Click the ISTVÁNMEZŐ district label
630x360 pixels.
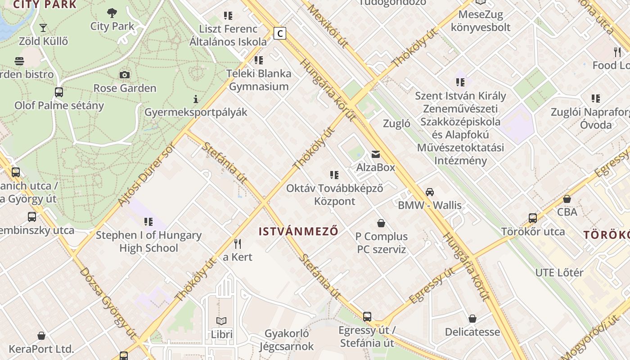(x=298, y=232)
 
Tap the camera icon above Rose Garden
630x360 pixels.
(x=125, y=75)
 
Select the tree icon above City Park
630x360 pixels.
(x=112, y=13)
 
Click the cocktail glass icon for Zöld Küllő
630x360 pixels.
(x=43, y=28)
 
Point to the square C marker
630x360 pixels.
(x=280, y=33)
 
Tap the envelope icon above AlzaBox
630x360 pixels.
(x=375, y=155)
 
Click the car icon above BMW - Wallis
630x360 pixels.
(x=430, y=192)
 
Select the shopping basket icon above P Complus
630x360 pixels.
(x=381, y=223)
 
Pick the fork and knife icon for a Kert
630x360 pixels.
(x=238, y=244)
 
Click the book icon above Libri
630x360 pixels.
(x=221, y=321)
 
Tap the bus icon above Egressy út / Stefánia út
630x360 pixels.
(x=367, y=317)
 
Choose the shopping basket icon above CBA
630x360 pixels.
(x=567, y=199)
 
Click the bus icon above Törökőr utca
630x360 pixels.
(x=533, y=218)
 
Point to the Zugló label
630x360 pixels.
(x=396, y=124)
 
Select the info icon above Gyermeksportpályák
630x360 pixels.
(x=196, y=99)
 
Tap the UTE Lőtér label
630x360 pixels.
(x=559, y=273)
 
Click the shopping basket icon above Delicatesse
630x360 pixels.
(x=472, y=319)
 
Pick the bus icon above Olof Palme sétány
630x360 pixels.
(x=59, y=92)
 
